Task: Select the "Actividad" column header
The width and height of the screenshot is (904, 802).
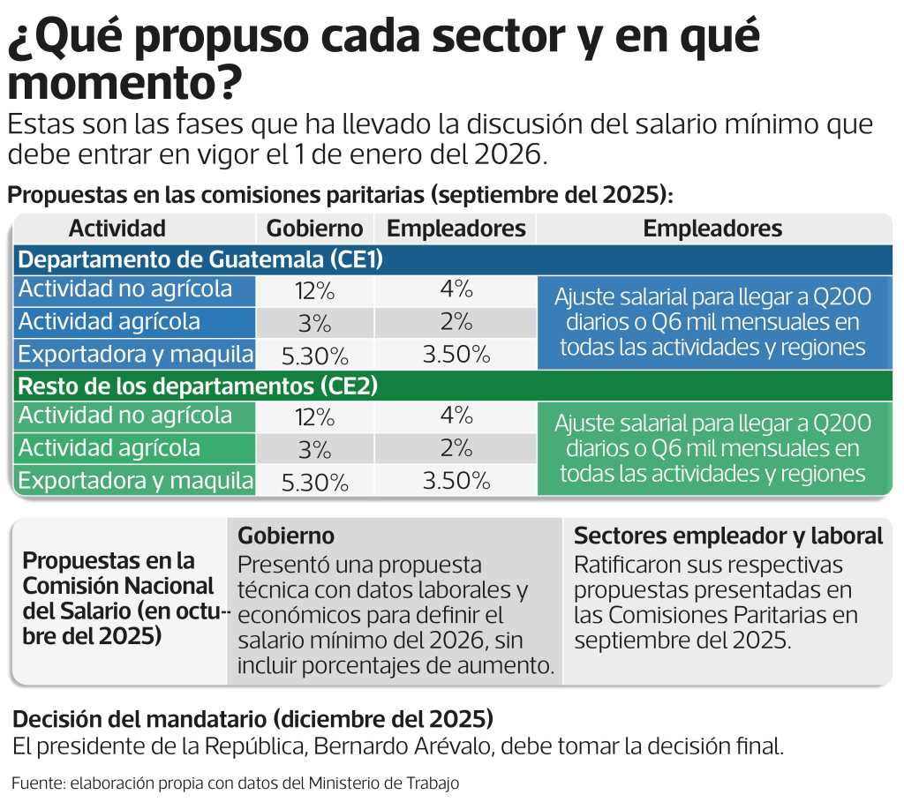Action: coord(117,229)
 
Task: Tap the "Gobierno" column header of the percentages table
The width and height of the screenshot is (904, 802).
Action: coord(315,229)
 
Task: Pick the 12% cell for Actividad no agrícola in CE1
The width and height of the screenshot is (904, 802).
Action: coord(315,290)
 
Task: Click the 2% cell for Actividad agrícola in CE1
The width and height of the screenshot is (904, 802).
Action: coord(456,322)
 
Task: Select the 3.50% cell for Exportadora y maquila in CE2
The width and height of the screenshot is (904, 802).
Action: coord(456,481)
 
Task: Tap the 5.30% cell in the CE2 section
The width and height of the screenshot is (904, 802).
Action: coord(315,482)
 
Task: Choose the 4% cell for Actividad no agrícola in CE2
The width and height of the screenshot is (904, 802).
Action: coord(456,416)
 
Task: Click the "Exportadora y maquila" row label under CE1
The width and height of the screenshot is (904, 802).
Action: coord(136,355)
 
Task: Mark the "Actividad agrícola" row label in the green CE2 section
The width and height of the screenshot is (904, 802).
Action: coord(109,448)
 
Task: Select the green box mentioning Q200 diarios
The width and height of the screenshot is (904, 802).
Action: coord(712,448)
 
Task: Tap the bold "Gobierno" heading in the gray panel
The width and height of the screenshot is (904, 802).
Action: coord(286,536)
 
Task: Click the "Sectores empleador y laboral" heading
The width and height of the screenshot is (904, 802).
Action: coord(728,536)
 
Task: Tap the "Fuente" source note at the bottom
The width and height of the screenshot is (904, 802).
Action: coord(236,783)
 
